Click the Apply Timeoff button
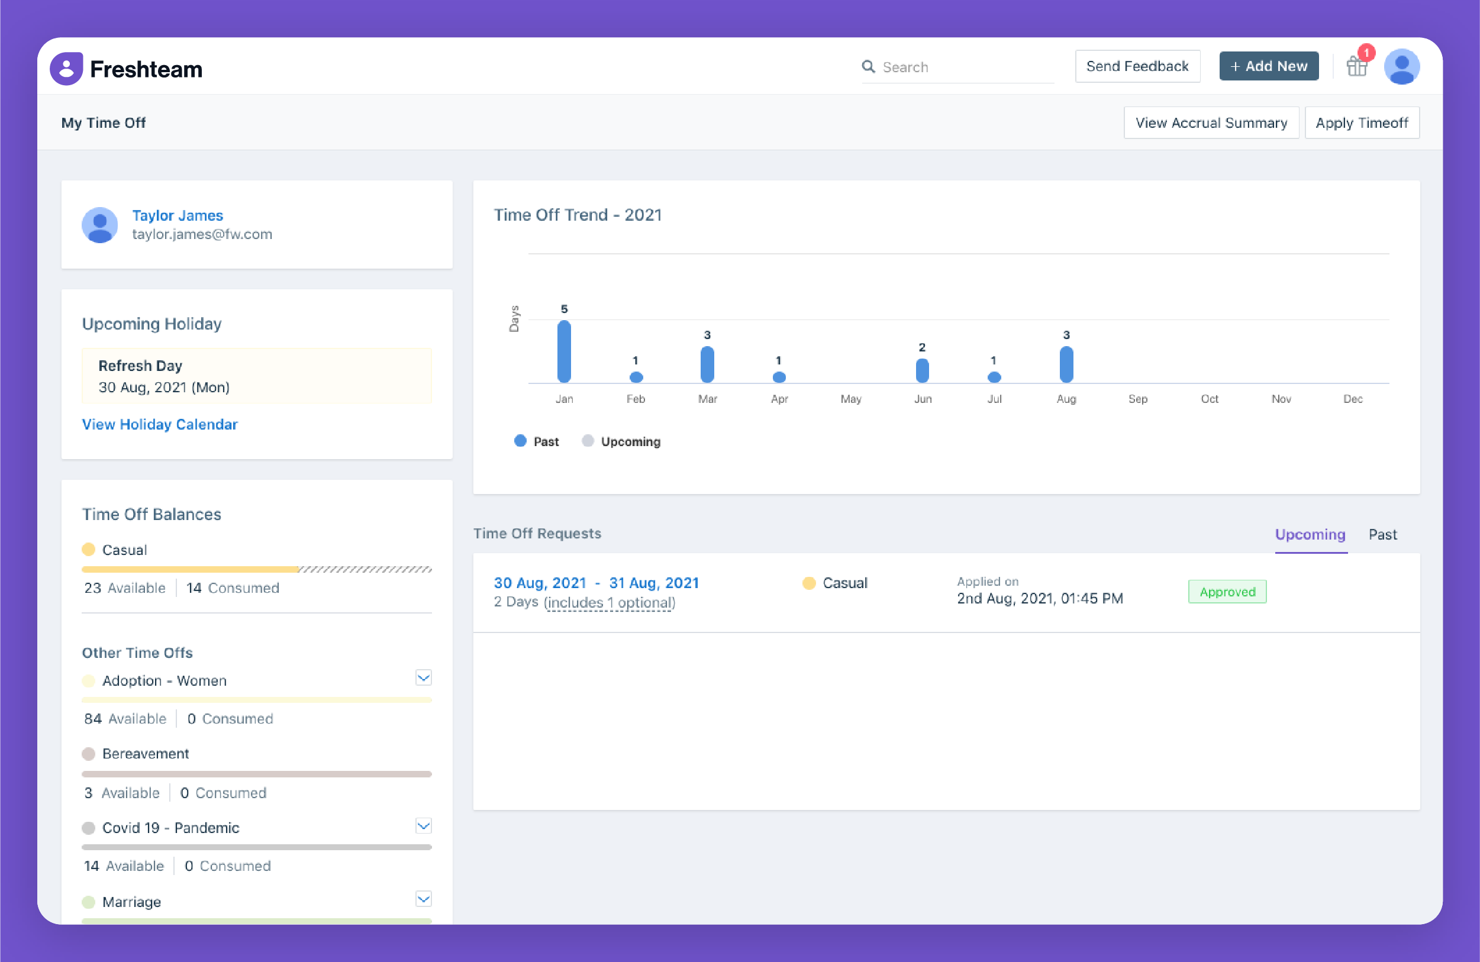tap(1361, 122)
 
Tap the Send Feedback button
tap(1137, 66)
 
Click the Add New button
tap(1269, 66)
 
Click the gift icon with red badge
tap(1356, 66)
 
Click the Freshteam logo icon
tap(66, 69)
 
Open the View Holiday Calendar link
tap(160, 424)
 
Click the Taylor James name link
tap(177, 215)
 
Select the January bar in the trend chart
tap(564, 351)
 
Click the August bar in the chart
tap(1066, 364)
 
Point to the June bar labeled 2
tap(922, 370)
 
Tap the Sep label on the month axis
tap(1137, 399)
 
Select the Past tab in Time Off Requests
tap(1382, 534)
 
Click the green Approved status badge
tap(1227, 592)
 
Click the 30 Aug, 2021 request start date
tap(540, 583)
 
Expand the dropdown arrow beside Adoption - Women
tap(424, 678)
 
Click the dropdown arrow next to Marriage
tap(424, 899)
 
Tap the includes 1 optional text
tap(610, 602)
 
